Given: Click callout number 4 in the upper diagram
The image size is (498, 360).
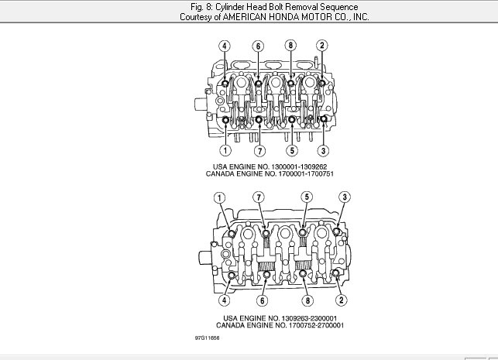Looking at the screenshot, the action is coord(225,46).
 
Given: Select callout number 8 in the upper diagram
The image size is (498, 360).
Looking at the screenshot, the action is coord(290,46).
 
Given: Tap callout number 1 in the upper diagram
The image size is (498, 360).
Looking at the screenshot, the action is coord(225,150).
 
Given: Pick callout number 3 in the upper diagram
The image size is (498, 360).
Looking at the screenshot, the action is coord(323,150).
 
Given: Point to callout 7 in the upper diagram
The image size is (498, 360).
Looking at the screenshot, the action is coord(259,151).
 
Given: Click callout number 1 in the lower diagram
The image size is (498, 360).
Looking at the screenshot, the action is coord(219,198).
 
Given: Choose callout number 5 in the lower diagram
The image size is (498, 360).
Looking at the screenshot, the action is coord(307,197).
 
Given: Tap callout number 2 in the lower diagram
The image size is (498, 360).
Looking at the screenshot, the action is coord(341,300).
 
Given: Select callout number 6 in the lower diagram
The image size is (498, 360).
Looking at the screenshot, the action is coord(263,300).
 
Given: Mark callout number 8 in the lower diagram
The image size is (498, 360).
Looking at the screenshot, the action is coord(307,300).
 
